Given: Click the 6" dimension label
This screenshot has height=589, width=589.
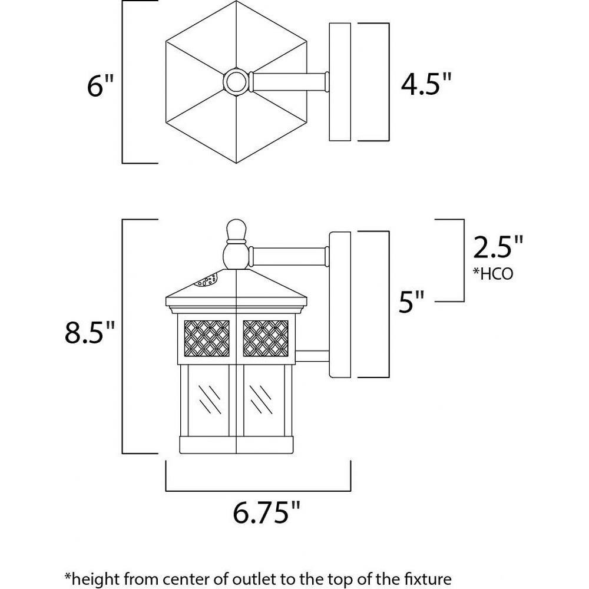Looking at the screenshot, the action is click(100, 85).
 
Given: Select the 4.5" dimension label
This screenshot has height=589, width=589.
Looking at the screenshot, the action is click(426, 84).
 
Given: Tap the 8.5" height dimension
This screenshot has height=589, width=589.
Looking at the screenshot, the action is click(90, 332).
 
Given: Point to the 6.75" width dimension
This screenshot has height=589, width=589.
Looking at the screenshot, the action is click(266, 512).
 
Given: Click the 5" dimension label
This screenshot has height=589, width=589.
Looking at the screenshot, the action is click(411, 301).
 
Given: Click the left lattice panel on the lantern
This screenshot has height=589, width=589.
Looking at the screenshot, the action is click(207, 338).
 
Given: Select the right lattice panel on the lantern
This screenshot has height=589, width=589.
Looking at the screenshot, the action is click(266, 338).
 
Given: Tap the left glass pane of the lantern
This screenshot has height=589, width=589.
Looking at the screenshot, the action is click(208, 401).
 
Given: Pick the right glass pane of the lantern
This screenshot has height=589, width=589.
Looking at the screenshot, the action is click(264, 401).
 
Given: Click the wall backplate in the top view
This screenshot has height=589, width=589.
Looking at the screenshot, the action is click(340, 82).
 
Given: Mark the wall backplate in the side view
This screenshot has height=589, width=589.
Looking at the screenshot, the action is click(340, 305).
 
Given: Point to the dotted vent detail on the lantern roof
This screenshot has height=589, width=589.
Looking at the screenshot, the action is click(206, 280).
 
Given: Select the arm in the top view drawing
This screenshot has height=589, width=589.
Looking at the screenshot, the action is click(289, 81).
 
